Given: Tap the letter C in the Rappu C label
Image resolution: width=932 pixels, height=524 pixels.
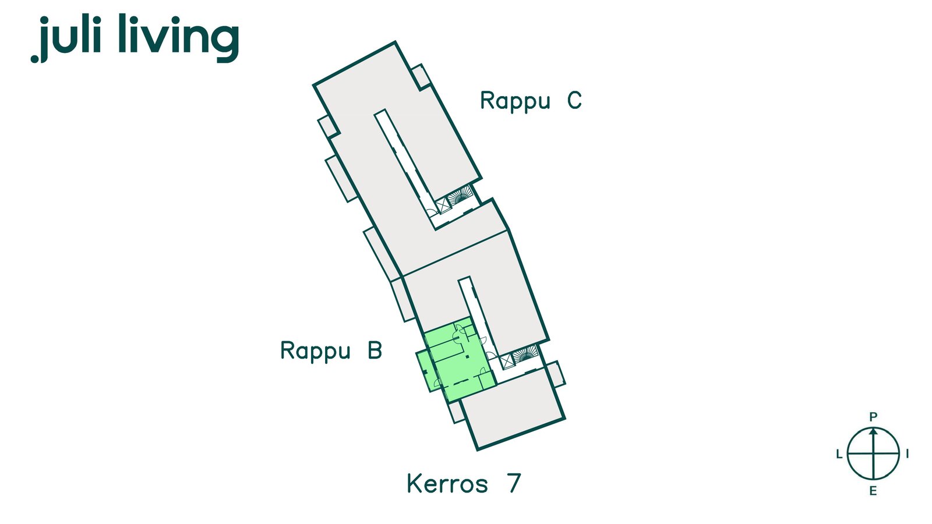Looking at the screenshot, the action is (x=574, y=100).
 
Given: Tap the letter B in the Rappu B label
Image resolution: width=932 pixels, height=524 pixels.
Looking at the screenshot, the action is (x=375, y=350).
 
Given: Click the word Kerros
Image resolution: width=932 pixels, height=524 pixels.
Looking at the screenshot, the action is (x=447, y=483).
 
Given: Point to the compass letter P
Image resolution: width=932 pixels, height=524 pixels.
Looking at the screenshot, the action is (x=873, y=416).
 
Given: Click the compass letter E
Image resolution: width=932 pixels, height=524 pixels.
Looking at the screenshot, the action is (x=873, y=491).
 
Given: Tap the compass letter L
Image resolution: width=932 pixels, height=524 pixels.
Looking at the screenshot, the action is (x=839, y=454).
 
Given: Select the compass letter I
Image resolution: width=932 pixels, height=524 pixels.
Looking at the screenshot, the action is (x=908, y=454).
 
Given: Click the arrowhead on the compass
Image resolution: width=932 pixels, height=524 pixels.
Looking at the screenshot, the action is (x=873, y=431).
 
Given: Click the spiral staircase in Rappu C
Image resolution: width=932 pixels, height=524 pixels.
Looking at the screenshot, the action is (x=461, y=196).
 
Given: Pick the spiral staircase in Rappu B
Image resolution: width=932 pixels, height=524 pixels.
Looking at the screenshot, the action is (x=525, y=355).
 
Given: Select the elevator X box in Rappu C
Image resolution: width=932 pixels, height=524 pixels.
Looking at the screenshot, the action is (x=443, y=206).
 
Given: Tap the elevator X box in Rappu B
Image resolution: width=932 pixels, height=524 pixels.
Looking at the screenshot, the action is (x=507, y=362).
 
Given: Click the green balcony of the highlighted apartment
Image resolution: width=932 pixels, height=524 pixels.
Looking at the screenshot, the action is (x=428, y=370).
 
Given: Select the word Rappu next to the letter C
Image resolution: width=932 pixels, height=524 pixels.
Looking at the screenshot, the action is (x=516, y=101).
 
